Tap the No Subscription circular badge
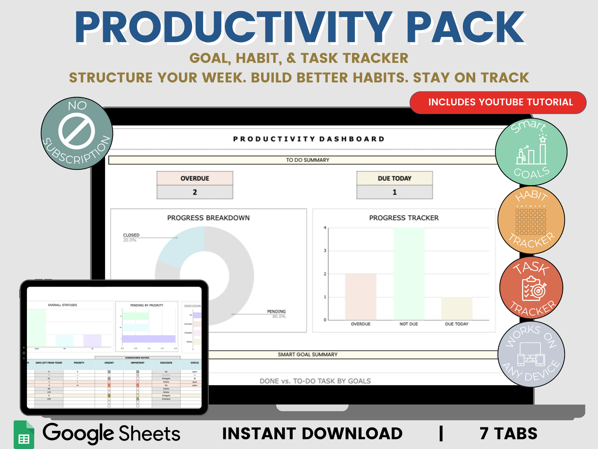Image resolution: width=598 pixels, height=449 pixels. pos(77,133)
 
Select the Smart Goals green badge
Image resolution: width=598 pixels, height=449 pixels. pos(531,152)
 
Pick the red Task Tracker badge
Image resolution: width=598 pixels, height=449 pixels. pos(531,288)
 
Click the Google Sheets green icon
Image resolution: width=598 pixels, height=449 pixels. pos(24,435)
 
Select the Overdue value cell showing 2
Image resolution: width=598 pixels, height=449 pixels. pos(195,192)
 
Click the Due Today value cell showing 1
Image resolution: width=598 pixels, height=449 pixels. pos(394,192)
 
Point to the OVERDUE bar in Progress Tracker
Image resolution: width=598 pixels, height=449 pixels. pos(360,297)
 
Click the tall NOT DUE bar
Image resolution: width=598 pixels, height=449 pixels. pos(408,273)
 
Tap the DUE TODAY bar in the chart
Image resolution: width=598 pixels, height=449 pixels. pos(456,308)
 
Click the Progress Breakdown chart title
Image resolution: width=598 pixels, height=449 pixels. pos(208,218)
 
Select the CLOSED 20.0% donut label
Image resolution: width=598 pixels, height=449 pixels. pos(131,237)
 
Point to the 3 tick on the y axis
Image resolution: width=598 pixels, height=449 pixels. pos(325,251)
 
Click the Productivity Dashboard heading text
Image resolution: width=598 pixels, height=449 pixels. pos(309,139)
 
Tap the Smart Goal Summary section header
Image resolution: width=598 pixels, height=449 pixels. pos(307,355)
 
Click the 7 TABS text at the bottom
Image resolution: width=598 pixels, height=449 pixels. pos(508,434)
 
